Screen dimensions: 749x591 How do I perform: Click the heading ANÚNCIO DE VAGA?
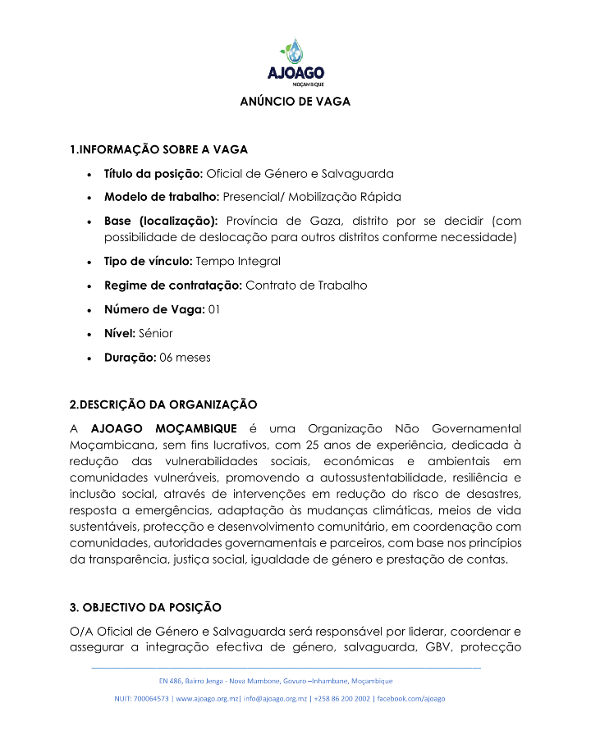[x=295, y=102]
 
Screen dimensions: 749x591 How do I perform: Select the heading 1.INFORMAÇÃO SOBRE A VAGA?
[x=158, y=149]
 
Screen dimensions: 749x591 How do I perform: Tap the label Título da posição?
[x=153, y=174]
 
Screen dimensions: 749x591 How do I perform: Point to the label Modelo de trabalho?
[x=161, y=197]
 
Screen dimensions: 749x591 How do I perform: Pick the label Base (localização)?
[x=161, y=222]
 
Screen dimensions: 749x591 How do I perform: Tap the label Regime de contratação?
[x=172, y=285]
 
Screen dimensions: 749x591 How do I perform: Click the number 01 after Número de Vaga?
[x=213, y=309]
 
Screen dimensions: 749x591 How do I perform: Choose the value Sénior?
[x=154, y=333]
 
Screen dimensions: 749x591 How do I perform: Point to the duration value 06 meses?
[x=186, y=358]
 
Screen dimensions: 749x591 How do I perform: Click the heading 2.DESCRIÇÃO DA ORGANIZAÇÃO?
[x=163, y=404]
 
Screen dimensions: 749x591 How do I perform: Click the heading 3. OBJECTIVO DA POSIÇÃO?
[x=145, y=608]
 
